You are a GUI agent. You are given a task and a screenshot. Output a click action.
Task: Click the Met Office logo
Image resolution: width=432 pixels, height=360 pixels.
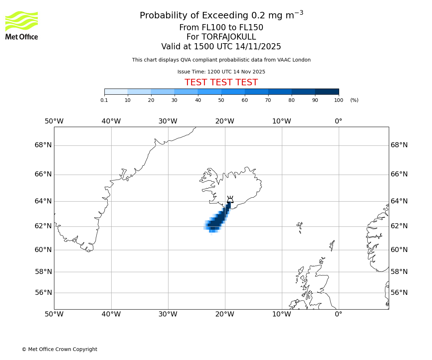click(x=22, y=25)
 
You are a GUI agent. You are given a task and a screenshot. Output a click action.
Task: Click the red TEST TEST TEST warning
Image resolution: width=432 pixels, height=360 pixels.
click(x=221, y=82)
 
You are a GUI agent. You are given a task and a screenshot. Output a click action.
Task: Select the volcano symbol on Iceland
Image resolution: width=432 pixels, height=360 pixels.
click(x=230, y=199)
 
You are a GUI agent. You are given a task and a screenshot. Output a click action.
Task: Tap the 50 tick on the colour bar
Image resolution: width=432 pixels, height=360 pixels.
click(x=221, y=100)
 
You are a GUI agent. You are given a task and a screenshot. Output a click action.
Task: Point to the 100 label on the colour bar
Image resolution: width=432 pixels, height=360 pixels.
click(x=338, y=100)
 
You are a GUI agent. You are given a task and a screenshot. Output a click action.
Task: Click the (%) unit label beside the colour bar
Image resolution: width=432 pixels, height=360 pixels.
click(x=354, y=100)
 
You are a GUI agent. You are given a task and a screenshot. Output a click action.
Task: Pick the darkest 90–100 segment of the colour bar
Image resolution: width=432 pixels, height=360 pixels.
click(x=327, y=91)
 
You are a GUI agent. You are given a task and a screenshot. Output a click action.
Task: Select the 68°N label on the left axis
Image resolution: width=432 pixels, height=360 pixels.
click(x=43, y=145)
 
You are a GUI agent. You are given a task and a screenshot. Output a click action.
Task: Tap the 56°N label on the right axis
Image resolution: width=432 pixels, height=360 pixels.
click(x=399, y=293)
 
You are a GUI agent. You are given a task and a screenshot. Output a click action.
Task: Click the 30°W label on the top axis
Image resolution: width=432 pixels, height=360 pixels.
click(x=168, y=121)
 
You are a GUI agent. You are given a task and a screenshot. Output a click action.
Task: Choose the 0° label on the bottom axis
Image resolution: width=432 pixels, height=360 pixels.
click(x=338, y=314)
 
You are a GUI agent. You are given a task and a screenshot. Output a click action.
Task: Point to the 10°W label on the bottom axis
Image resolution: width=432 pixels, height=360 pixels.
click(x=282, y=314)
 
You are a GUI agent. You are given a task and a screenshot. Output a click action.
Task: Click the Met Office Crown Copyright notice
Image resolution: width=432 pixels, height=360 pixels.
click(x=59, y=349)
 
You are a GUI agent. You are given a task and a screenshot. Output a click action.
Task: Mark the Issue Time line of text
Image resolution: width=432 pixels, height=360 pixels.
click(x=221, y=72)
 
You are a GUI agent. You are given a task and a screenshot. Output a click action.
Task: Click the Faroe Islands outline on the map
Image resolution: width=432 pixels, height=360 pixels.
click(x=300, y=226)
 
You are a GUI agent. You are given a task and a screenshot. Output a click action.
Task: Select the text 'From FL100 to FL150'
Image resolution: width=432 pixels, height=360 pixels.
click(x=221, y=28)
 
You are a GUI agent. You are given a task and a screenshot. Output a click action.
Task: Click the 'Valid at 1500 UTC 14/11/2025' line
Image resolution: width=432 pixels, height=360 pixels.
click(x=221, y=46)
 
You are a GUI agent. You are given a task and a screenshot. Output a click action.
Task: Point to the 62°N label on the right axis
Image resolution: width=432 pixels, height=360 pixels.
click(x=399, y=226)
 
